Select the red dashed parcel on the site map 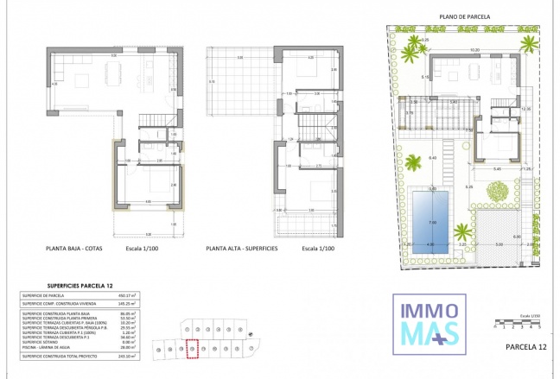(x=193, y=347)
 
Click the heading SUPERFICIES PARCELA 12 (x=68, y=284)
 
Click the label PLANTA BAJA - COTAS (x=79, y=248)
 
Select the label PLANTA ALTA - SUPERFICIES (x=241, y=248)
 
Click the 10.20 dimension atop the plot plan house (x=474, y=50)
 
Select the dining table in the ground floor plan (x=86, y=81)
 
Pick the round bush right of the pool (x=496, y=196)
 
